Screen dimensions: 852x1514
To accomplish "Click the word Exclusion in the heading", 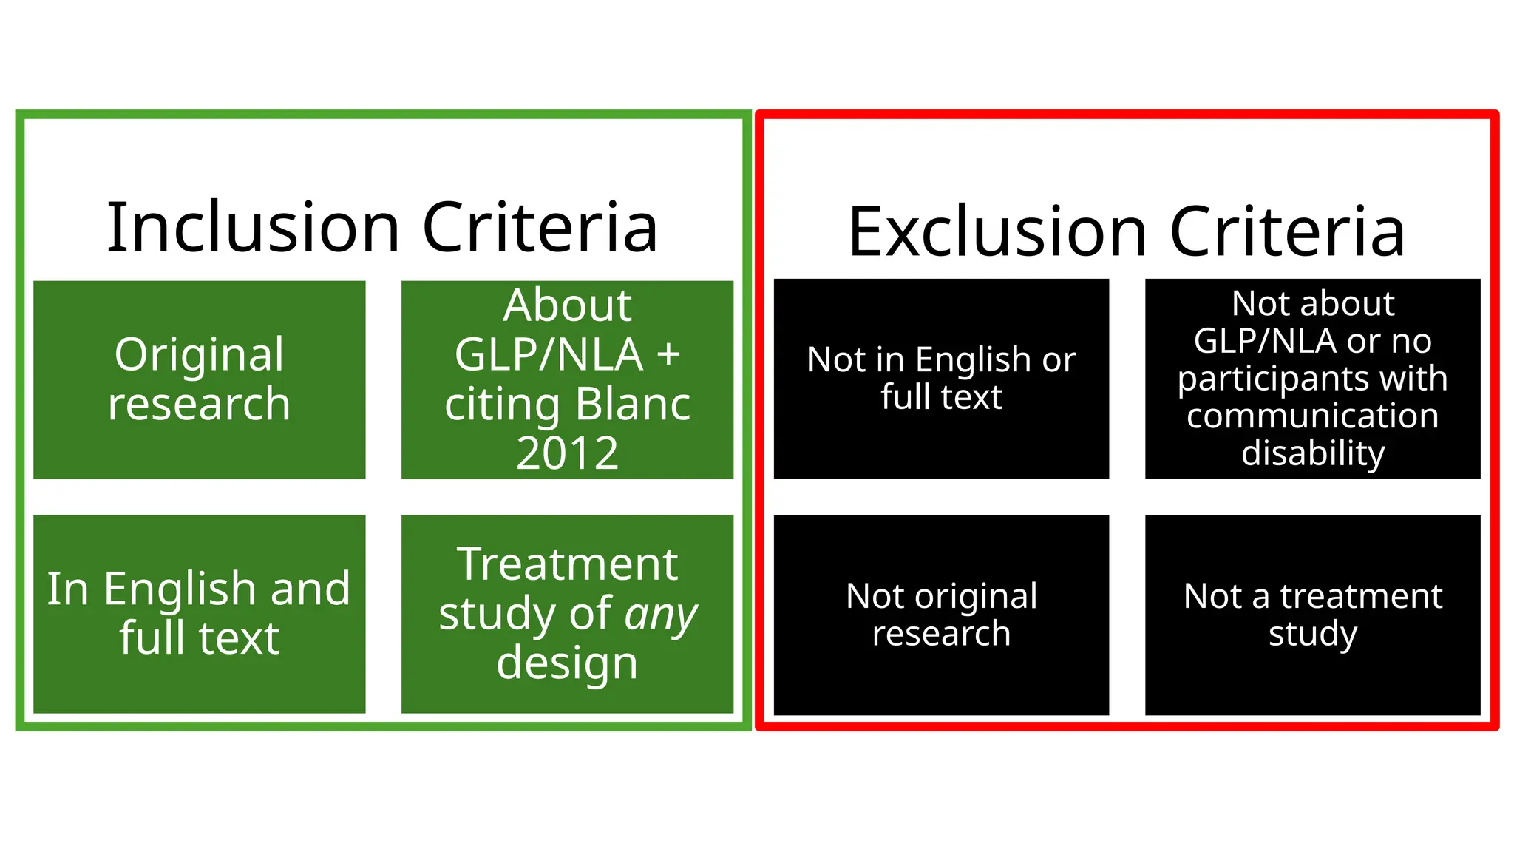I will pos(997,232).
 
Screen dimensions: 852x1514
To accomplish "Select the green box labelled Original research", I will pos(200,379).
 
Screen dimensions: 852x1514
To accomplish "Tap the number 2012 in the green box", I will pos(567,453).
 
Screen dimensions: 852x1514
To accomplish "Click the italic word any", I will pos(661,614).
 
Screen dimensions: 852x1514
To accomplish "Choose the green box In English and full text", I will pos(200,614).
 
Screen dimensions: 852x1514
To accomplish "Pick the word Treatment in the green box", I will pos(567,564).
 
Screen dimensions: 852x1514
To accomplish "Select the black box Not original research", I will pos(941,615).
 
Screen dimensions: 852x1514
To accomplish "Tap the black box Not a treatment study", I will pos(1312,615).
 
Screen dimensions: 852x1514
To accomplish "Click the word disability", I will pos(1313,453).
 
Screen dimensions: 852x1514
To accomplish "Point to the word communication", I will pos(1313,416).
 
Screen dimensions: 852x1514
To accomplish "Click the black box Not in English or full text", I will pos(941,378).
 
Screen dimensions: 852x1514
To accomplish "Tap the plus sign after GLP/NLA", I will pos(668,354).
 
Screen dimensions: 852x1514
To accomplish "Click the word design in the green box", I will pos(567,663).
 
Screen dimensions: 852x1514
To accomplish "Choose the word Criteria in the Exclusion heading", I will pos(1287,232).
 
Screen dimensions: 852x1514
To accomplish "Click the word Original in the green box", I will pos(200,354).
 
